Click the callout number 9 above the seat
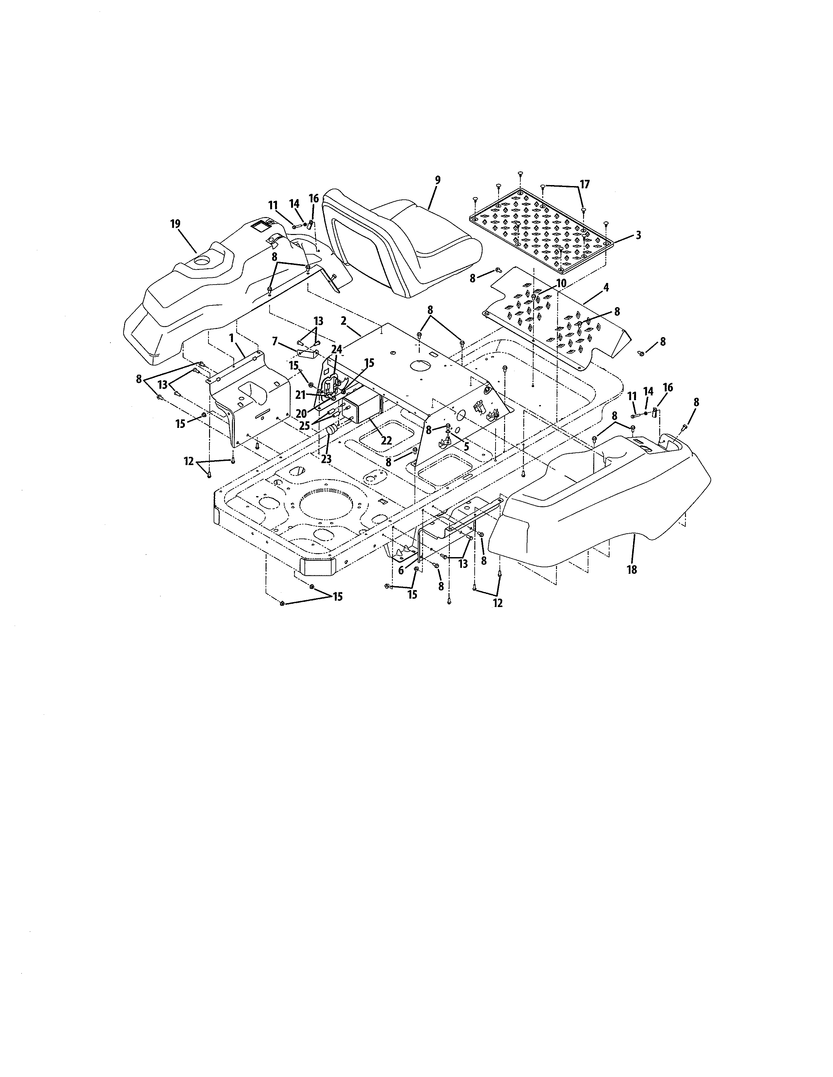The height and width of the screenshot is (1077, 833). (437, 180)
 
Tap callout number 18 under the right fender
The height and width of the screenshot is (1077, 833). (632, 570)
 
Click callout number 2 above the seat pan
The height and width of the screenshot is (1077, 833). (343, 320)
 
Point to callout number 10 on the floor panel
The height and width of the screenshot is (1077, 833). (562, 284)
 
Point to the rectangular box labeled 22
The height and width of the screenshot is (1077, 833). (363, 409)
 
